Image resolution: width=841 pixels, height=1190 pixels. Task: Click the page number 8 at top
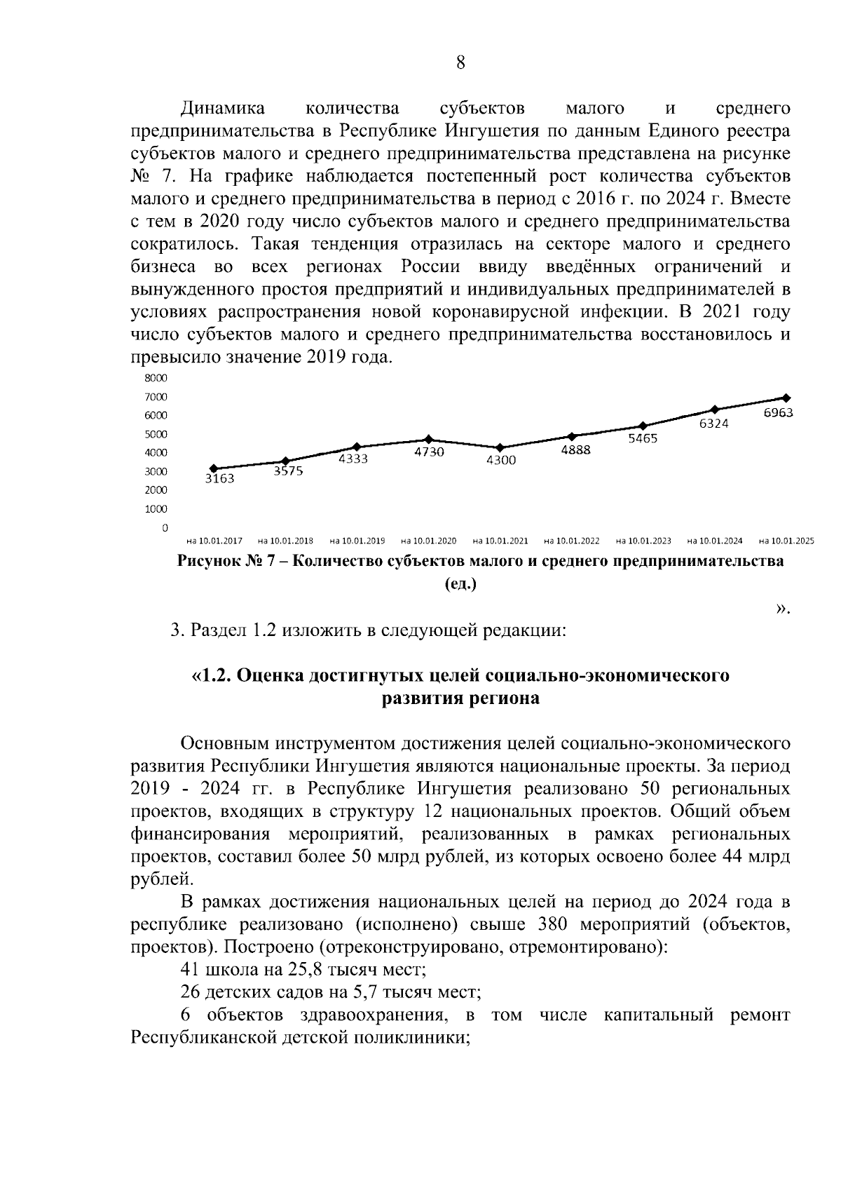(460, 63)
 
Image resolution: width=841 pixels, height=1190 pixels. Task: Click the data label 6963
(778, 413)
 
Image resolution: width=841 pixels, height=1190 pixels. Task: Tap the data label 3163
(219, 479)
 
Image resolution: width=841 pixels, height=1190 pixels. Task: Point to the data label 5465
(642, 438)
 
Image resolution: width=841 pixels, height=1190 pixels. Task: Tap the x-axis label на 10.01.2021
(500, 541)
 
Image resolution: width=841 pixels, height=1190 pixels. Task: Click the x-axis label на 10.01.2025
(786, 541)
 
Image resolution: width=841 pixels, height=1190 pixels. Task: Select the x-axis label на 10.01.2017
(214, 541)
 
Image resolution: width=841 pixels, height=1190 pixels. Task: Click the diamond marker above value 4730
(429, 440)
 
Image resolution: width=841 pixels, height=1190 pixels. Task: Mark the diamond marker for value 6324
(714, 410)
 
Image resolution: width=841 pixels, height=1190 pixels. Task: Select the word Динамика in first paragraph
(223, 108)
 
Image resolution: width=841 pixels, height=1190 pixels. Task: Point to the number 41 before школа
(190, 970)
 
